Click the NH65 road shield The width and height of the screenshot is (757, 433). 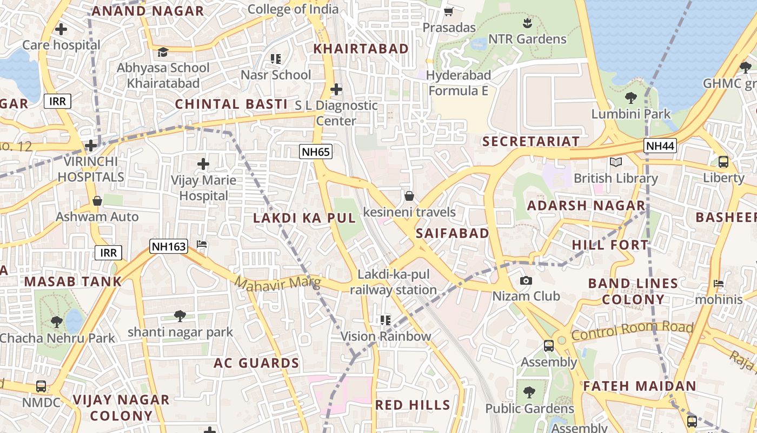coord(316,152)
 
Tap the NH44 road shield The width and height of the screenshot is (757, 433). coord(660,145)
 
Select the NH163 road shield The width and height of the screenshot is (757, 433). coord(169,247)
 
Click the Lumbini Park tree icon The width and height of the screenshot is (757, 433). coord(630,98)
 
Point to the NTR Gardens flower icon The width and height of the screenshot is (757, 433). coord(527,23)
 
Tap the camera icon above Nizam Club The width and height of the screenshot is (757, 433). coord(526,280)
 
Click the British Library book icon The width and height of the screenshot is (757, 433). coord(615,162)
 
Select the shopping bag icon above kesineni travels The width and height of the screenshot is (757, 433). coord(409,196)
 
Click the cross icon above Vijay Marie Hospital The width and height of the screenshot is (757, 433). coord(203,163)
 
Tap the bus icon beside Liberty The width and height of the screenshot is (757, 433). coord(723,161)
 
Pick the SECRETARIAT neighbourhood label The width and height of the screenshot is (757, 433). coord(531,141)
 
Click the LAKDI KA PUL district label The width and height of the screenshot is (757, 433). coord(304,218)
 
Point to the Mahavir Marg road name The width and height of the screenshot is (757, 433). coord(278,283)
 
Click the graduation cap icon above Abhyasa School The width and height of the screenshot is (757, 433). coord(163,52)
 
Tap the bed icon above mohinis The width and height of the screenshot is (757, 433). coord(719,283)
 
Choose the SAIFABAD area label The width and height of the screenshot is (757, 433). coord(453,233)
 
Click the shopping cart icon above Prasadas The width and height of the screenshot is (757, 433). coord(448,11)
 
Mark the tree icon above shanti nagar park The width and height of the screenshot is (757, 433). coord(180,316)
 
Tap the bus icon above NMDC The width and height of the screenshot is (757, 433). coord(41,386)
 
